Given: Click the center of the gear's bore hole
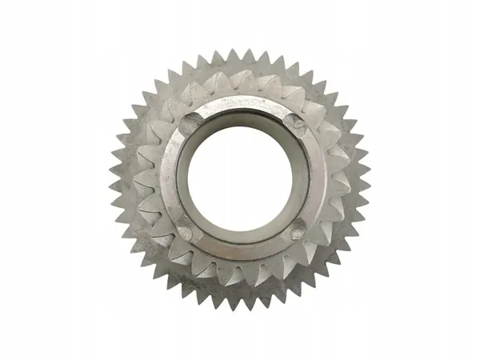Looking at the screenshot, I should (x=238, y=177).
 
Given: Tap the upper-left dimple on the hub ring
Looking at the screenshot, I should (x=190, y=123).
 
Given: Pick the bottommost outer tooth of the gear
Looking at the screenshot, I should (x=239, y=304).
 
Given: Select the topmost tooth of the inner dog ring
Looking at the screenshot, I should (x=240, y=80).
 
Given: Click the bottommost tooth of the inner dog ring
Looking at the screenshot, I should (x=241, y=276).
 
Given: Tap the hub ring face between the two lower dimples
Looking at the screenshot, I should (x=240, y=250).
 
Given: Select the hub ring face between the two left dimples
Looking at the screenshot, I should (x=170, y=178).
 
